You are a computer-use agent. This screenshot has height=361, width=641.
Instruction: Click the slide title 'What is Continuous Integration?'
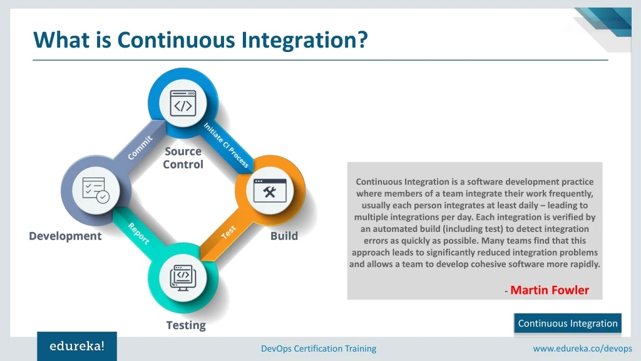(x=200, y=40)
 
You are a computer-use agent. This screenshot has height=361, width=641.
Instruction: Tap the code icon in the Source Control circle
(x=183, y=106)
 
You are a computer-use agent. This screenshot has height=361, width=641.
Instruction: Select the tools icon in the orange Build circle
(x=270, y=191)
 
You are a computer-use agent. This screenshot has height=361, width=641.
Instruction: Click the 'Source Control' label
(x=183, y=158)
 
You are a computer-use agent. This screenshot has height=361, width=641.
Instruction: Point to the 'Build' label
(x=284, y=236)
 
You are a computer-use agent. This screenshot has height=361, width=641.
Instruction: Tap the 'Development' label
(x=65, y=236)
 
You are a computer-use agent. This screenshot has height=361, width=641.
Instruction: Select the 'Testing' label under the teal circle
(x=186, y=325)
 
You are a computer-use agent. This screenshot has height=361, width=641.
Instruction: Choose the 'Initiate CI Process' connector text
(x=226, y=145)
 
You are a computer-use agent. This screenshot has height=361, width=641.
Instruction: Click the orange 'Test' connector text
(x=228, y=233)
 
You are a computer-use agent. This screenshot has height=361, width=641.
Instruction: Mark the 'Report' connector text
(x=138, y=233)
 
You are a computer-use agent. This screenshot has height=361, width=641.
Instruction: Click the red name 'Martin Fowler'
(x=550, y=290)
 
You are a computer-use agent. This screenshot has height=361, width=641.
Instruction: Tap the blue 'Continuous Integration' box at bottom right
(x=568, y=323)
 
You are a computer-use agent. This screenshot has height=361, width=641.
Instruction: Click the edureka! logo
(x=77, y=346)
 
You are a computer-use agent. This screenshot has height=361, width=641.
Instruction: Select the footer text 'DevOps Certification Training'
(x=319, y=348)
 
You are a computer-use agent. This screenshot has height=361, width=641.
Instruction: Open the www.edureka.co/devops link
(x=582, y=348)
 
